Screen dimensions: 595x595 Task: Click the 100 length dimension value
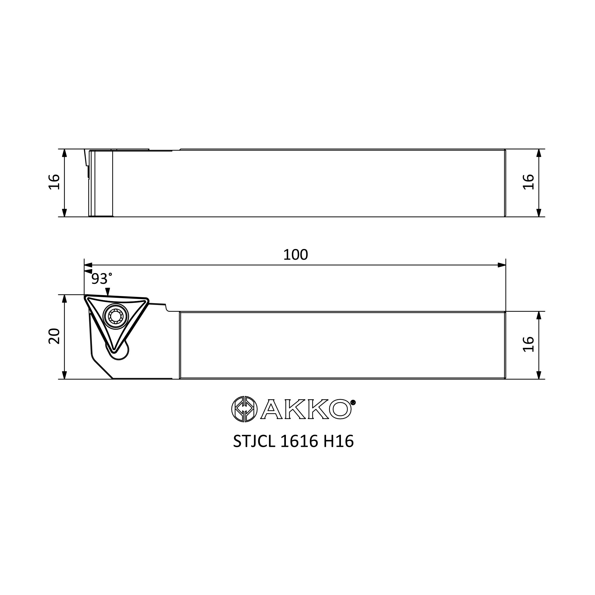tap(295, 255)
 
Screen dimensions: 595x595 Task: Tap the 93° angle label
tap(102, 279)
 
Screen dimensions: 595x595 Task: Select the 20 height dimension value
tap(54, 336)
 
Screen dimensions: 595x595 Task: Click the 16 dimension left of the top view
tap(54, 182)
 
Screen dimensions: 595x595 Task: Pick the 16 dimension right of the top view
tap(528, 182)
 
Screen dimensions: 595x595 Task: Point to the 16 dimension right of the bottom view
tap(528, 344)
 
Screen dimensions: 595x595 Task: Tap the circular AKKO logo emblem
tap(244, 409)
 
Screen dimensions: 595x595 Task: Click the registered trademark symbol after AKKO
tap(353, 402)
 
